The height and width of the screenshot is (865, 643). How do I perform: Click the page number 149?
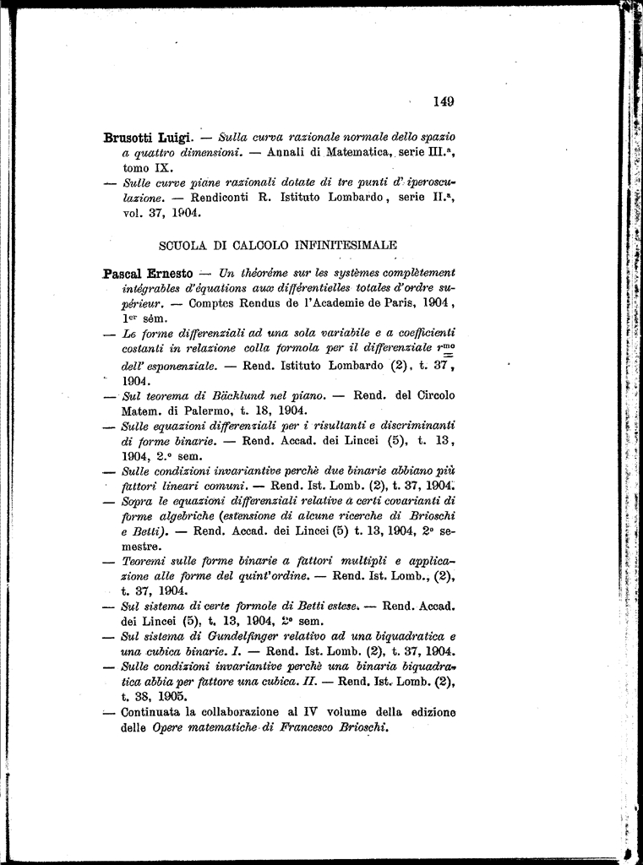444,101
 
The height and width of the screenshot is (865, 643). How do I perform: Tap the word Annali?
289,153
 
